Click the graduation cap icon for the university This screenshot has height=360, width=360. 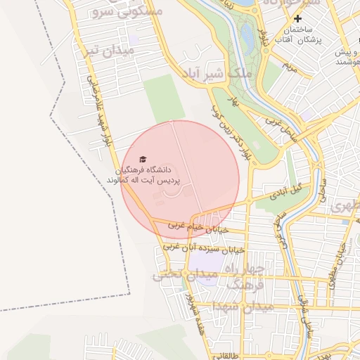point(143,159)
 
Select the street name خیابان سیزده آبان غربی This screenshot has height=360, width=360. point(204,249)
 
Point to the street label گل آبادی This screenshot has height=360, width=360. point(289,191)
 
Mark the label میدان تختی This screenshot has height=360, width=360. point(176,275)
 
